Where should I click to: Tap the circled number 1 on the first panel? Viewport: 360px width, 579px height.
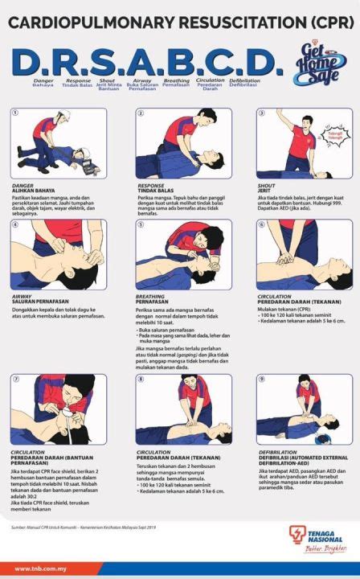tap(14, 114)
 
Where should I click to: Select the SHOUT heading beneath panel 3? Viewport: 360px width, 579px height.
tap(266, 186)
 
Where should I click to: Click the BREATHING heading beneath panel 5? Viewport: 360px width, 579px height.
tap(152, 296)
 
